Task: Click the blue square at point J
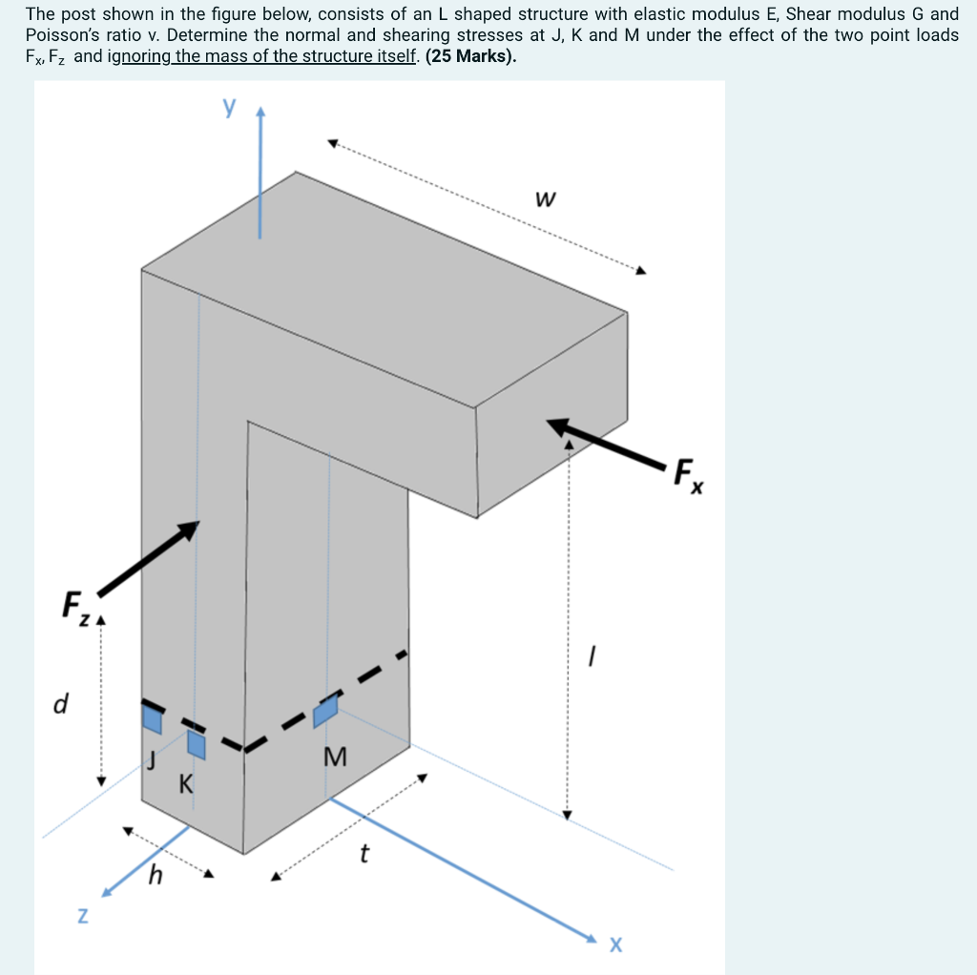(152, 717)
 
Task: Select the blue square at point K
(197, 743)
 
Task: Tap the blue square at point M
(326, 710)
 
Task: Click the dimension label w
(545, 200)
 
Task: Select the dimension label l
(592, 654)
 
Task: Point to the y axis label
(229, 106)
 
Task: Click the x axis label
(615, 944)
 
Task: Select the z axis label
(83, 916)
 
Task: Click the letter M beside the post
(335, 757)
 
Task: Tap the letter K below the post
(185, 785)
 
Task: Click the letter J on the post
(150, 760)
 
